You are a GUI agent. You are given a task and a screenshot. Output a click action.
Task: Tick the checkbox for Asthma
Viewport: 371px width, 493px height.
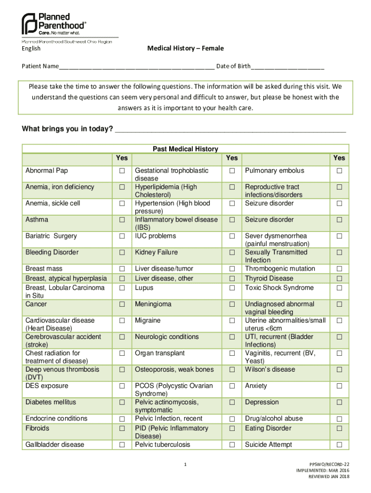[122, 220]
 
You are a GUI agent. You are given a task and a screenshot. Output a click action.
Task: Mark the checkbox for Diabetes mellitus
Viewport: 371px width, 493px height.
[122, 402]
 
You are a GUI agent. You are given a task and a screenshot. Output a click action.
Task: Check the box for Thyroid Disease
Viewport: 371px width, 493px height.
[339, 279]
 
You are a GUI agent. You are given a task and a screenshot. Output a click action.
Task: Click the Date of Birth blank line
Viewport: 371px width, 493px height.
[287, 66]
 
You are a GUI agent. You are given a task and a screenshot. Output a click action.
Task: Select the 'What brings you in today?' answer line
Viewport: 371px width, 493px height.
[230, 130]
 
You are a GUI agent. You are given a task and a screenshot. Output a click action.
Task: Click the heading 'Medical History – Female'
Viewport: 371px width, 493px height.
[185, 49]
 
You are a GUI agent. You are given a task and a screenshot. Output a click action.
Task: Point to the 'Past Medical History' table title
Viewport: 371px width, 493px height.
[185, 149]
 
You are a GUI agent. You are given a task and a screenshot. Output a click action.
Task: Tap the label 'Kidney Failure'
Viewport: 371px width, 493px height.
[156, 252]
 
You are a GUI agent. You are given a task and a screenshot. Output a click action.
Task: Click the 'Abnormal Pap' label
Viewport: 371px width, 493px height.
[47, 171]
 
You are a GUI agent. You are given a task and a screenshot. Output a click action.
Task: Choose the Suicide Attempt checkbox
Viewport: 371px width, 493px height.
[339, 445]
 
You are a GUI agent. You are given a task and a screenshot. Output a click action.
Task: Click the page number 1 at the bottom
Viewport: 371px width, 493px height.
[185, 465]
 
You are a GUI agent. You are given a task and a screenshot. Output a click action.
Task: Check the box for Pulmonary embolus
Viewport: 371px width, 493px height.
[339, 171]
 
